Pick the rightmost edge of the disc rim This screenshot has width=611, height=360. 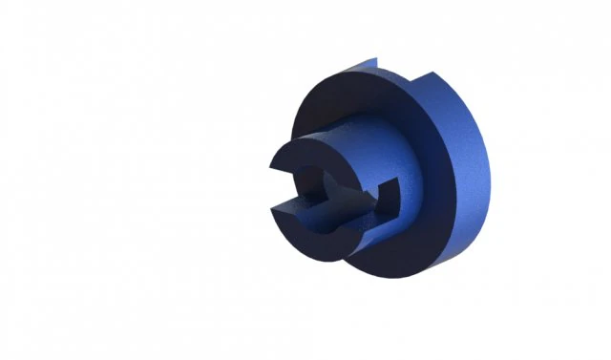[x=489, y=172]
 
